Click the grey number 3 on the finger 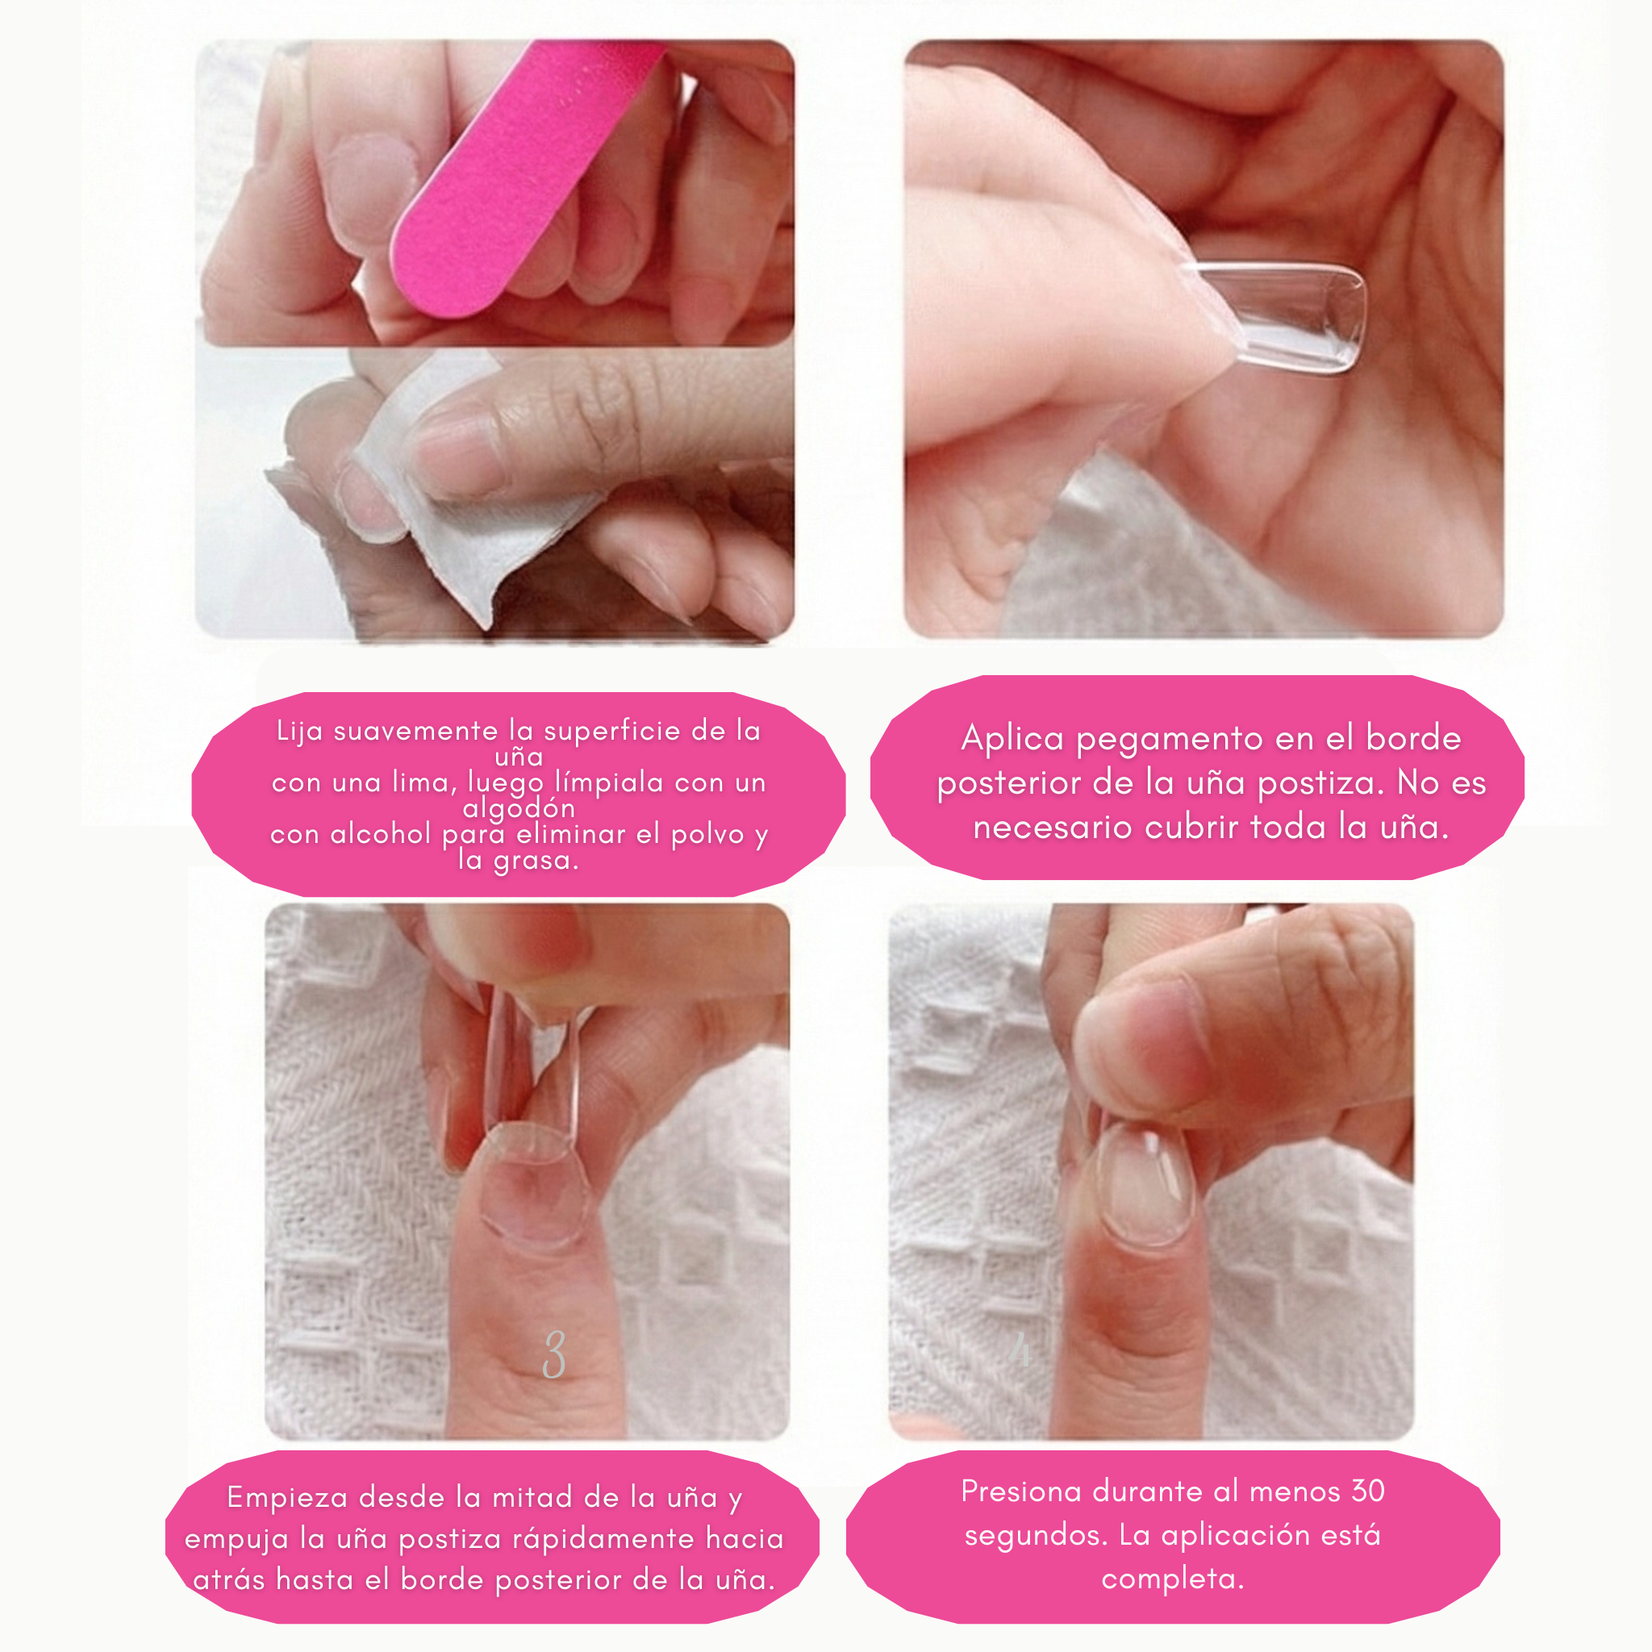click(554, 1354)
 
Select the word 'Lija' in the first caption click(301, 731)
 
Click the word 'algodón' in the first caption click(518, 807)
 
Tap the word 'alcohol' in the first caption click(381, 834)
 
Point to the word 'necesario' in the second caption click(1053, 828)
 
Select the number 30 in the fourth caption click(1367, 1491)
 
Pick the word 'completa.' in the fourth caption click(1172, 1579)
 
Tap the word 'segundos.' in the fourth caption click(1035, 1536)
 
